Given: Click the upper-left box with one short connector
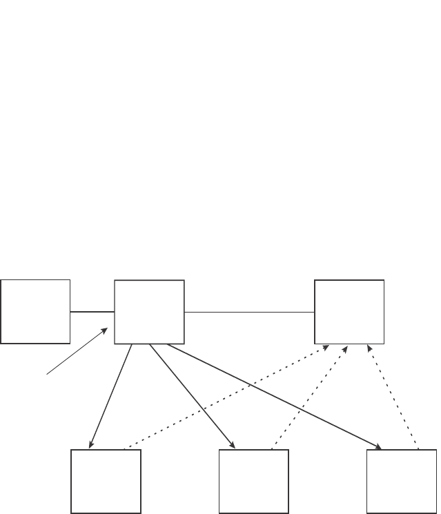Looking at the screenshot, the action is tap(35, 311).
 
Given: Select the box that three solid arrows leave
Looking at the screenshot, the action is tap(149, 312).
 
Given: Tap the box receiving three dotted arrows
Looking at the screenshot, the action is tap(349, 311).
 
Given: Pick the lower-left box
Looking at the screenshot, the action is tap(106, 482).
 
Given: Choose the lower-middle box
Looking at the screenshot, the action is tap(253, 482).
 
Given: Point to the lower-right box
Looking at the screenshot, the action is tap(401, 482).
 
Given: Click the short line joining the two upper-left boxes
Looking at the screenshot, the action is tap(92, 312).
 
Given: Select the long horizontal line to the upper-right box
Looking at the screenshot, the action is tap(249, 313).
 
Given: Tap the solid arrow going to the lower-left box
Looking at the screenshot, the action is tap(110, 396).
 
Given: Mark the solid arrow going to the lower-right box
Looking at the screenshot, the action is tap(276, 396).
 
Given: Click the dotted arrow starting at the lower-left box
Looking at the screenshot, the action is tap(228, 397).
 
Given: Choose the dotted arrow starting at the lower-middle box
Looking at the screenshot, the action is tap(311, 397).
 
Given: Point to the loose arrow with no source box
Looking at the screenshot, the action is tap(76, 351).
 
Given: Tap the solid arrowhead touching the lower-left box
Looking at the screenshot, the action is tap(91, 445).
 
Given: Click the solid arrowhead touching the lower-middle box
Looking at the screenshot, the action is tap(233, 445).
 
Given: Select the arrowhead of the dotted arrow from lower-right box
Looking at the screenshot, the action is tap(370, 348).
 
